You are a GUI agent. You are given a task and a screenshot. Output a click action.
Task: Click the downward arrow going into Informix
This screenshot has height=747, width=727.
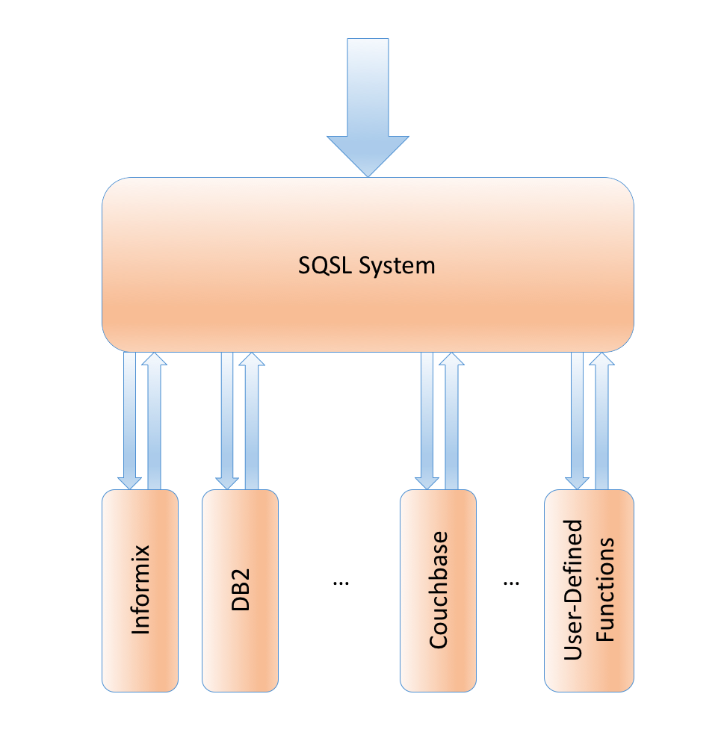(130, 418)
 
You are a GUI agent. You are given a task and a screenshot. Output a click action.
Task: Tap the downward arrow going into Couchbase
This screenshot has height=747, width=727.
(427, 418)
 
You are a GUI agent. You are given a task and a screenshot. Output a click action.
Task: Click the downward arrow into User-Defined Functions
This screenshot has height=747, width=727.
(578, 418)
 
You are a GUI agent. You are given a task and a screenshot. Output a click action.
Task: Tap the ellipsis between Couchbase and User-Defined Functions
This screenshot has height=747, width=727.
(511, 581)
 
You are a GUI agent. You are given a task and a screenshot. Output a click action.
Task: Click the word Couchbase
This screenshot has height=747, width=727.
(439, 590)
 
